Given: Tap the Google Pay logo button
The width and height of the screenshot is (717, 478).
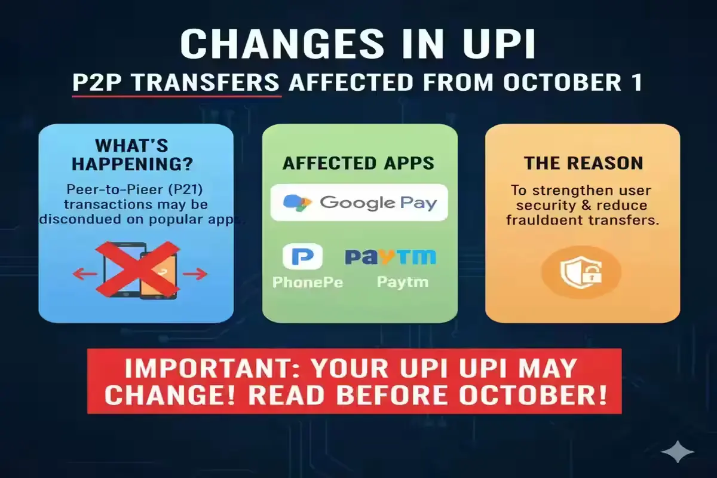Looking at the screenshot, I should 359,202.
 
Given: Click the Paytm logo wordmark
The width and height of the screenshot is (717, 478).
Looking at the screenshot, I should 390,257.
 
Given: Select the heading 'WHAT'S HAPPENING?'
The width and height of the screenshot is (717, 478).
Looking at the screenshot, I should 136,155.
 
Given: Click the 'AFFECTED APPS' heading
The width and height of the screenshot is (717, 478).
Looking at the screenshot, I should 358,163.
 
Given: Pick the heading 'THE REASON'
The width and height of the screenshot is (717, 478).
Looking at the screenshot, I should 583,163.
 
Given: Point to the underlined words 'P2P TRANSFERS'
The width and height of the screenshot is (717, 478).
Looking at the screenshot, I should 176,83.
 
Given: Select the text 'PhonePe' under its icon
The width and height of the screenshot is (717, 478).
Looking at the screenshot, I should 307,281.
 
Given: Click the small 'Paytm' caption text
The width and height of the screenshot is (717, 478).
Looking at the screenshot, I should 402,281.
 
